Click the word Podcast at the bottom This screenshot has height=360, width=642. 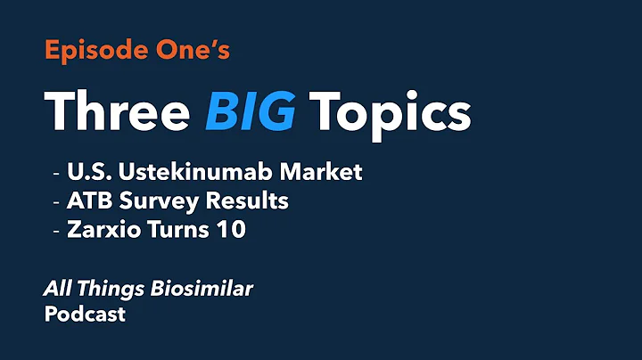point(85,315)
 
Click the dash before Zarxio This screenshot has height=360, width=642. point(58,230)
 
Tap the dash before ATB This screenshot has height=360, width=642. point(58,201)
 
